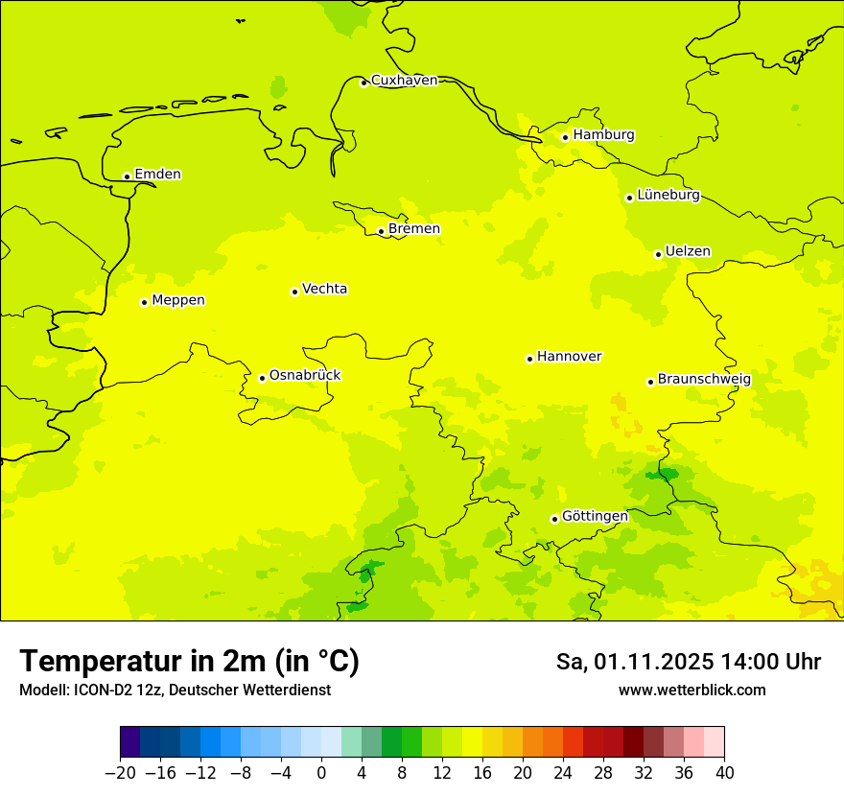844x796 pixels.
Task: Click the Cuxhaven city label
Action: click(404, 81)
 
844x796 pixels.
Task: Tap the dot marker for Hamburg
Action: click(566, 137)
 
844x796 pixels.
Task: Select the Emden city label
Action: click(157, 175)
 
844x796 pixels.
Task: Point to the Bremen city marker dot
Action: click(381, 231)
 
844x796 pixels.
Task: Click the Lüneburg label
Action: click(668, 196)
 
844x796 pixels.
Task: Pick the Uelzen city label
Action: click(688, 252)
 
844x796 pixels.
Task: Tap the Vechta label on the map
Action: click(324, 289)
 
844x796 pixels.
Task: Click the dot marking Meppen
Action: click(144, 302)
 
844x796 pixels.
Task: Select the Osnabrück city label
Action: click(305, 376)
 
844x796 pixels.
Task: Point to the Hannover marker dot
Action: click(529, 359)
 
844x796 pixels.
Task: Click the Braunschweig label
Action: click(704, 380)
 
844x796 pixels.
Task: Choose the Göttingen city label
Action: click(595, 517)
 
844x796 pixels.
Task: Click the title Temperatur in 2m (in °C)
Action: click(189, 662)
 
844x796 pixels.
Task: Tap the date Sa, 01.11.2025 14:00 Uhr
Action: click(688, 662)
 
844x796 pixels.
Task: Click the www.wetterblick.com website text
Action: click(692, 691)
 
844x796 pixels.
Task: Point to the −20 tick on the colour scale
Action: click(120, 772)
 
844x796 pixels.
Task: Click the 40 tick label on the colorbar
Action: click(724, 772)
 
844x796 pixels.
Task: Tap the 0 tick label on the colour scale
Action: click(321, 772)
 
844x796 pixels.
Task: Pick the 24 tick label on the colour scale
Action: click(563, 772)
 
